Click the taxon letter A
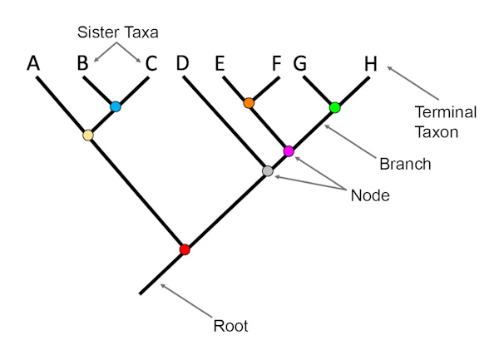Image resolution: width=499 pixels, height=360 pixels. pos(33,63)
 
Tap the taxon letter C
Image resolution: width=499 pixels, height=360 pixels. pos(151,63)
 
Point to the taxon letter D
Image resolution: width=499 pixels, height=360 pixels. pos(183,63)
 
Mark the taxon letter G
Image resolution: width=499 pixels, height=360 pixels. pos(302,63)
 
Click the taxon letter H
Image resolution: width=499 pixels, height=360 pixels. pos(371,63)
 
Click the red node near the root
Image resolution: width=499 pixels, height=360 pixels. pos(185,249)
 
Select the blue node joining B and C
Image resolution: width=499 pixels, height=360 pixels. pos(116,106)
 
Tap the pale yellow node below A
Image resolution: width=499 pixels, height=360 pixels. pos(88,134)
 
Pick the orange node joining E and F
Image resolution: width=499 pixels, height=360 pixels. pos(249,103)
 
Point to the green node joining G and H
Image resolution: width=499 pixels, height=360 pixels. pos(335,107)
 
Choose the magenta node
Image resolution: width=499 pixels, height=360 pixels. pos(289,151)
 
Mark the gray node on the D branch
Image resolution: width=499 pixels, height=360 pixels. pos(268,170)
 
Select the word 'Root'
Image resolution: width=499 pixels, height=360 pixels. pos(230,327)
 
